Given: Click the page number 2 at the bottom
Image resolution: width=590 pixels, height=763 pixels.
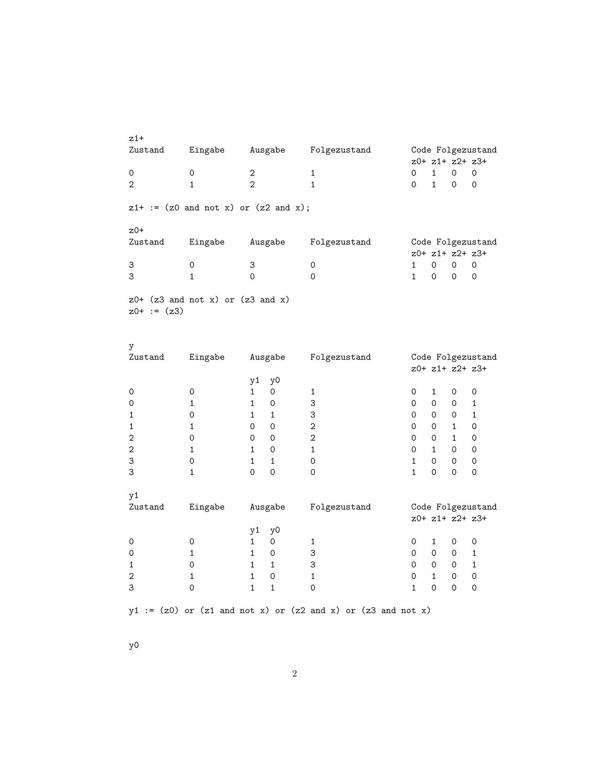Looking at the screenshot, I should pyautogui.click(x=294, y=674).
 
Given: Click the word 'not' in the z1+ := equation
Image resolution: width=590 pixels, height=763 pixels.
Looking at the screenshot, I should pyautogui.click(x=211, y=208).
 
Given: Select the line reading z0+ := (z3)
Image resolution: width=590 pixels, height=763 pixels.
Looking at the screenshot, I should pyautogui.click(x=156, y=311).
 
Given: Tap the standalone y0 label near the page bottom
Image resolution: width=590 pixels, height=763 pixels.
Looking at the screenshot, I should pyautogui.click(x=134, y=646).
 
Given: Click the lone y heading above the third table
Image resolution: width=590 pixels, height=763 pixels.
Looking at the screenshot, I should pyautogui.click(x=131, y=346).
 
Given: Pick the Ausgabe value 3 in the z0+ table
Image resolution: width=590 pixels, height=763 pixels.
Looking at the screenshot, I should pyautogui.click(x=252, y=265).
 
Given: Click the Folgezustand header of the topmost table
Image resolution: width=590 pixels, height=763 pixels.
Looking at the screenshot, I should pyautogui.click(x=340, y=150).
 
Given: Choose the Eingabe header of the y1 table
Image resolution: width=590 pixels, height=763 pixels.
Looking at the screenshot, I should pyautogui.click(x=206, y=507).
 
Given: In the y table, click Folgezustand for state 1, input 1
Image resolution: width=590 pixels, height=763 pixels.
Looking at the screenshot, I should pyautogui.click(x=313, y=426).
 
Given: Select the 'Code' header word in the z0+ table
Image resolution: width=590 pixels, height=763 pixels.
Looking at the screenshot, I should pyautogui.click(x=421, y=242).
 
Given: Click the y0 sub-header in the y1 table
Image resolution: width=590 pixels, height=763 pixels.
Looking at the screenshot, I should pyautogui.click(x=275, y=530).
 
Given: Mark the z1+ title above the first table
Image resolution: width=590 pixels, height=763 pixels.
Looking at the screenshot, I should pyautogui.click(x=136, y=138).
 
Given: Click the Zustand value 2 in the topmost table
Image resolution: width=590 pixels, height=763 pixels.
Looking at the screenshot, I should pyautogui.click(x=131, y=185).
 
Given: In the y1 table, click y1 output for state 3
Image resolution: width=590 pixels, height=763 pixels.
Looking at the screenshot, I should pyautogui.click(x=252, y=588).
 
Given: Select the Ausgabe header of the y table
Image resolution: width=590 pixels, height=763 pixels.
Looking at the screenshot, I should pyautogui.click(x=267, y=357).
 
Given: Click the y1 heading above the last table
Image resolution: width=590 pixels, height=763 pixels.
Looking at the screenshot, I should pyautogui.click(x=134, y=496).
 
